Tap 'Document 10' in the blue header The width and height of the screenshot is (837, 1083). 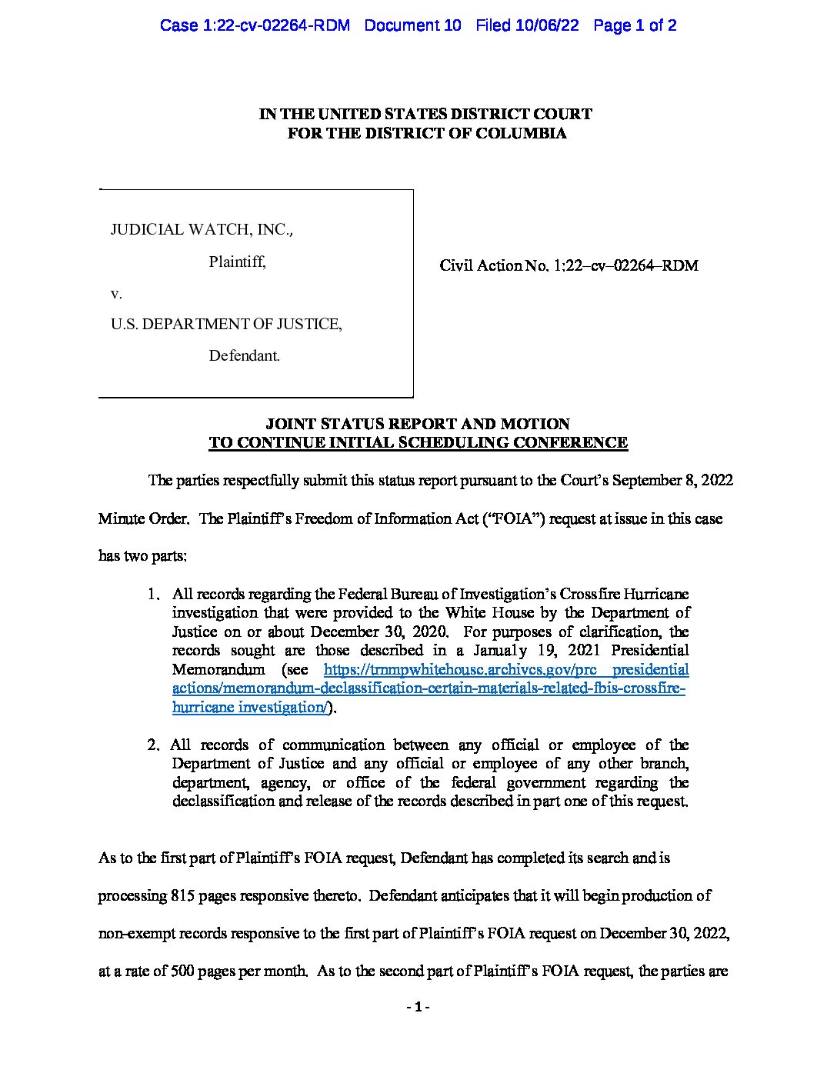tap(412, 25)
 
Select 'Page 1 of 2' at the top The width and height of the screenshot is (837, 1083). tap(635, 25)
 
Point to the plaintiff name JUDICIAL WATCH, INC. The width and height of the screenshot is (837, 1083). tap(202, 229)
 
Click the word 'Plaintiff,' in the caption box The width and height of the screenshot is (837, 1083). tap(237, 262)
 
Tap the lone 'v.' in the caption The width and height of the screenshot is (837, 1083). tap(116, 293)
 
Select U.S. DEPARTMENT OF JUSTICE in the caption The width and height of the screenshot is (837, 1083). tap(226, 324)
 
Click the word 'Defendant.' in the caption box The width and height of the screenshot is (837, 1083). tap(244, 355)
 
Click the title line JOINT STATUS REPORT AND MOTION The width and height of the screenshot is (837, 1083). tap(418, 424)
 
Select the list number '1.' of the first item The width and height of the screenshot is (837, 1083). tap(154, 594)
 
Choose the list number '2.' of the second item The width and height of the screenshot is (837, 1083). tap(154, 745)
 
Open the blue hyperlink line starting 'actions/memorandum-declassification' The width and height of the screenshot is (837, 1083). tap(429, 688)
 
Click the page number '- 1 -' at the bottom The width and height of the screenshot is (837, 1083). tap(418, 1007)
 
